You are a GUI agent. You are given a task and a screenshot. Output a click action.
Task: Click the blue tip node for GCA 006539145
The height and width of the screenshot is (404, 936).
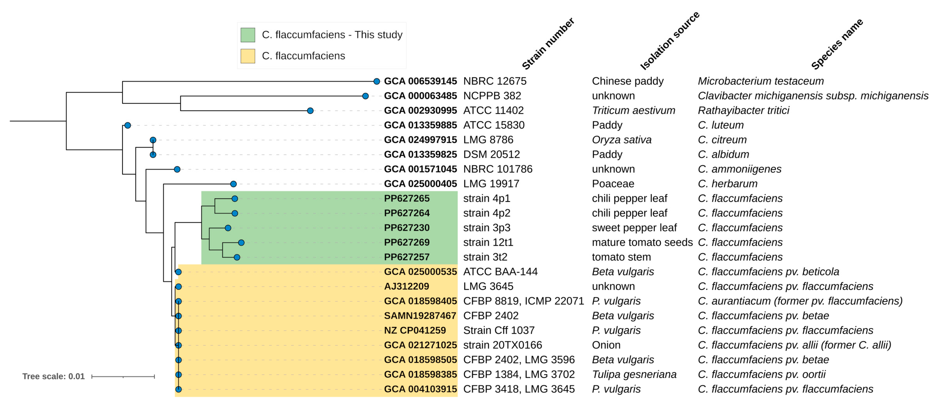377,81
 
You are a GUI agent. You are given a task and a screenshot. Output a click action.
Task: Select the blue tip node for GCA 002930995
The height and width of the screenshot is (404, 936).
310,111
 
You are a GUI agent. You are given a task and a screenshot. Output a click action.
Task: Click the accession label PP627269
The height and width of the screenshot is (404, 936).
407,242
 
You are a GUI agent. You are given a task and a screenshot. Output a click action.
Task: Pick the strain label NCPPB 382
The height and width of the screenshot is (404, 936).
492,96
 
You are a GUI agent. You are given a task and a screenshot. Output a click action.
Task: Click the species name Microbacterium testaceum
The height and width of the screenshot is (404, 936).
760,81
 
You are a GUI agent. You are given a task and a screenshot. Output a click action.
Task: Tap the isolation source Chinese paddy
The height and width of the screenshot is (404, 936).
627,81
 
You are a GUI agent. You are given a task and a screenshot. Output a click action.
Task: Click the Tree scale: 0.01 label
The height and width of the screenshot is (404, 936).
53,376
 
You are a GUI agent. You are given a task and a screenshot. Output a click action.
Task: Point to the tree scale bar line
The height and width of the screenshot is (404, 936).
123,377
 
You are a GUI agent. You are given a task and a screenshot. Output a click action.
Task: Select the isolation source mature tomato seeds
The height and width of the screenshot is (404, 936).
642,242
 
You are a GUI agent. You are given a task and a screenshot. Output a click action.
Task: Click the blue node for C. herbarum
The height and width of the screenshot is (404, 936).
234,184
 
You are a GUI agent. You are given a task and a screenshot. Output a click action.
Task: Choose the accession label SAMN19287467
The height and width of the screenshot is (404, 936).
420,316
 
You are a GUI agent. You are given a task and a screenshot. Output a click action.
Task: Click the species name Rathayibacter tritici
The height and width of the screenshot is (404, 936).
743,110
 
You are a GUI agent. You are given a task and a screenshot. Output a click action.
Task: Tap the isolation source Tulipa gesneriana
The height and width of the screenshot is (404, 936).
634,374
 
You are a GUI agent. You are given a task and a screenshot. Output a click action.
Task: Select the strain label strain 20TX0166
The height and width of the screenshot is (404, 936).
502,345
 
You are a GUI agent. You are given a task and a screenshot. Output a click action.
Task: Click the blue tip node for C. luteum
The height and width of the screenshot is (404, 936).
128,125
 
